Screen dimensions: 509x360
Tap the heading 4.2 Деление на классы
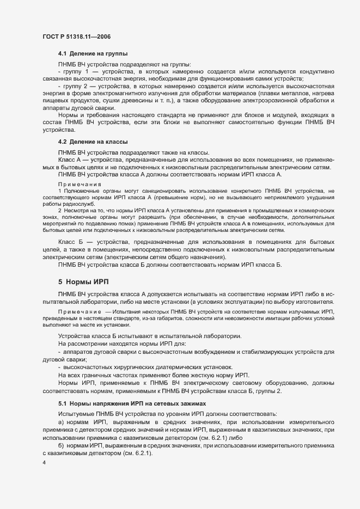(93, 142)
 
